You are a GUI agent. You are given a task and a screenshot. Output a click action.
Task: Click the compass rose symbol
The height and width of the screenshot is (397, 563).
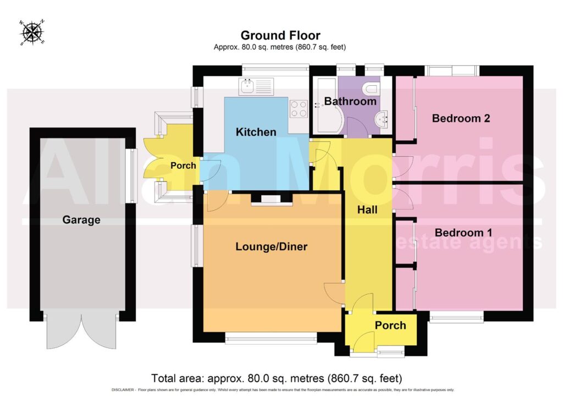(32, 32)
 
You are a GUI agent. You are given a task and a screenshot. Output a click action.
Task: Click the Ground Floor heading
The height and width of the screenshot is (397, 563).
(280, 35)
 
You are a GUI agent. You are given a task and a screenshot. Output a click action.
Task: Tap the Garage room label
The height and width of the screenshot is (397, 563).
(81, 220)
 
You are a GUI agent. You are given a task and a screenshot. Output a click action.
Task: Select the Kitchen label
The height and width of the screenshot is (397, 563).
(256, 132)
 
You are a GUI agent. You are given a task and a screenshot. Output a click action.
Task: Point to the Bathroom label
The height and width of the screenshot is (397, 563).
(350, 101)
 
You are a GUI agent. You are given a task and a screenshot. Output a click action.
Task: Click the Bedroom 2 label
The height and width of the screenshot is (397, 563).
(461, 118)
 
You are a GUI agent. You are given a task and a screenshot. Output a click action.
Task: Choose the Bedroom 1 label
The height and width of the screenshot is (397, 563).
(463, 233)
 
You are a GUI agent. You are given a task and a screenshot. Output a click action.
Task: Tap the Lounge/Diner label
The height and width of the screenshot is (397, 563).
(272, 246)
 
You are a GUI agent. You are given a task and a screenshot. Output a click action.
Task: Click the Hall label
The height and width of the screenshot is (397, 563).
(367, 209)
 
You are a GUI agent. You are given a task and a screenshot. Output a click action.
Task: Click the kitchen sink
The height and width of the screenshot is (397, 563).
(256, 86)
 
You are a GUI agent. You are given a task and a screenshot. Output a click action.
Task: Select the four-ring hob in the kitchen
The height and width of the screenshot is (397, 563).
(299, 109)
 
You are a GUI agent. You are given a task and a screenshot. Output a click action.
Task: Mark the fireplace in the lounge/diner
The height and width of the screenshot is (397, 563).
(272, 199)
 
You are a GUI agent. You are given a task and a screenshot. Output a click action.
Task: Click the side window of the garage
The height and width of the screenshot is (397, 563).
(131, 176)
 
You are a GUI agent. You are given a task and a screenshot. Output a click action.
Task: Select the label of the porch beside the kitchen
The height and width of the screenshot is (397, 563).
(183, 166)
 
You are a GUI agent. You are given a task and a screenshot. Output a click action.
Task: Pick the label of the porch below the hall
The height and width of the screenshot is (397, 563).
(390, 325)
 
